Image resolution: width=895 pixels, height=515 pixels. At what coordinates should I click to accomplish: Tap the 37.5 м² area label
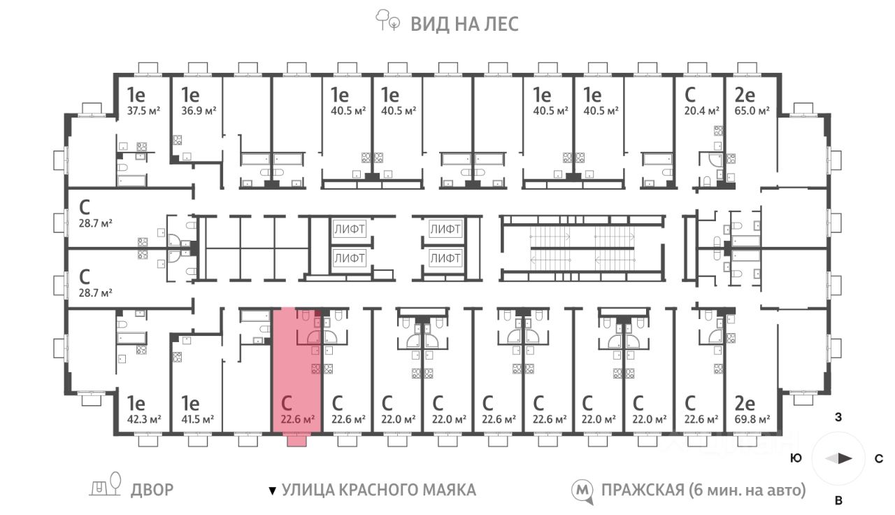144,111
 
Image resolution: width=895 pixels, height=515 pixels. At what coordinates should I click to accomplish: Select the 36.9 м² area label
199,111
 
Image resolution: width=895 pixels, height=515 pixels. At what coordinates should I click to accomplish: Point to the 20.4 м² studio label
702,111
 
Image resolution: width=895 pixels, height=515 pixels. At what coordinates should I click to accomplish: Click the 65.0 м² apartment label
752,111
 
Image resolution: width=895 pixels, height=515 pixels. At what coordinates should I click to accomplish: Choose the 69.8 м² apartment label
752,419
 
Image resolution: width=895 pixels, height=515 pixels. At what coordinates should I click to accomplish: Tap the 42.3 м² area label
144,419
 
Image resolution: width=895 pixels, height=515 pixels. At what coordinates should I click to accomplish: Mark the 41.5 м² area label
197,419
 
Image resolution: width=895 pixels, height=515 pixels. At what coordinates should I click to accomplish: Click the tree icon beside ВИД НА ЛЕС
387,20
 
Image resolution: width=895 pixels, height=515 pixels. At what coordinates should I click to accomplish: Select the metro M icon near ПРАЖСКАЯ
582,491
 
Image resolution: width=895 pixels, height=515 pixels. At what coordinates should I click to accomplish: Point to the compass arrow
838,458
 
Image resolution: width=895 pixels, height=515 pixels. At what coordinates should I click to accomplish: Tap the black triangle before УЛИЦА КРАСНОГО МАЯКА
273,491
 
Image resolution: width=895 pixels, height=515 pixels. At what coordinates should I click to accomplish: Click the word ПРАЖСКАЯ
643,491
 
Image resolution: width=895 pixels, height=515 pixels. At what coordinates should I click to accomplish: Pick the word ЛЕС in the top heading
501,24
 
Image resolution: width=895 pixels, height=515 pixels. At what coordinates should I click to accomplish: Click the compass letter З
838,417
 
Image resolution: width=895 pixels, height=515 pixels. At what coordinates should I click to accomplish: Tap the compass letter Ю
796,458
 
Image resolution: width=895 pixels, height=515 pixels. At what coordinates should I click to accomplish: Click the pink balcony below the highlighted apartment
297,441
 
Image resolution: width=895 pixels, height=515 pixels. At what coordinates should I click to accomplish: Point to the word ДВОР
152,491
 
